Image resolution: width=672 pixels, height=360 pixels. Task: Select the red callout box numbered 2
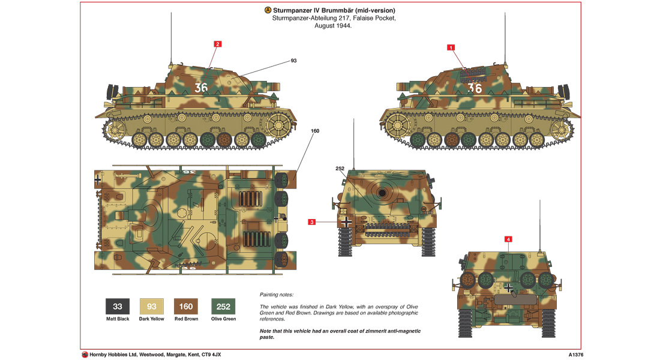point(218,44)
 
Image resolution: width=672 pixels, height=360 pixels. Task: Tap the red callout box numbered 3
point(312,222)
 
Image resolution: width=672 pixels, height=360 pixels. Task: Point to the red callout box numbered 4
point(509,239)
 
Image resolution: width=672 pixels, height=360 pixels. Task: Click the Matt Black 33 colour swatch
point(118,307)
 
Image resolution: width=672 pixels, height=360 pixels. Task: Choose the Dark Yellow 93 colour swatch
point(151,307)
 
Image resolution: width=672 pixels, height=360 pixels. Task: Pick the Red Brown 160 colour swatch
point(186,307)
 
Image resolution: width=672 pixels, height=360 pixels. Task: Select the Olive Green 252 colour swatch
point(223,307)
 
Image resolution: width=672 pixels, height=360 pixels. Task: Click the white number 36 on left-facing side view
point(201,88)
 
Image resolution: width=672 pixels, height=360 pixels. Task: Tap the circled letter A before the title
point(267,11)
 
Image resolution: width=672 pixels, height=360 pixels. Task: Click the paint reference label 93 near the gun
point(294,61)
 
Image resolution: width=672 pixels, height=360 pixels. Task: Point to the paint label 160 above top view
point(315,131)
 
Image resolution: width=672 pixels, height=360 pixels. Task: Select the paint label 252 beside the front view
point(340,169)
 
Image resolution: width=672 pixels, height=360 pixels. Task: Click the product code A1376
point(577,355)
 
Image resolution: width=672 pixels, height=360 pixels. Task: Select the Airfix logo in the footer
point(85,355)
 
